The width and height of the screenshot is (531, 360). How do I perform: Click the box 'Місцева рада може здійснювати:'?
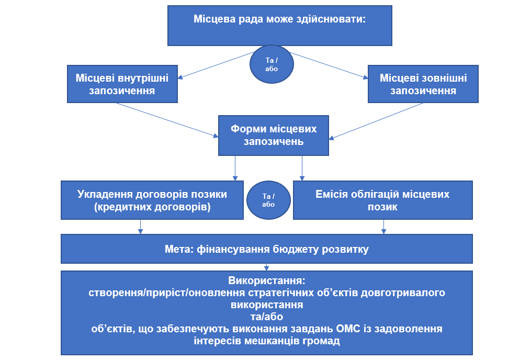[280, 26]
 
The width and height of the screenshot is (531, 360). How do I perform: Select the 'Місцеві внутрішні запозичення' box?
[122, 84]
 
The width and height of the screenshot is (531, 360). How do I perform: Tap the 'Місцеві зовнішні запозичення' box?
[423, 84]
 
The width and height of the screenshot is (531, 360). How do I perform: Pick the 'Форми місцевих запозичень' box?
[274, 135]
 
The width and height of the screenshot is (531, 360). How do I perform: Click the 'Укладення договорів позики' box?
[152, 200]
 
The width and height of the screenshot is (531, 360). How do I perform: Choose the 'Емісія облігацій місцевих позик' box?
[382, 200]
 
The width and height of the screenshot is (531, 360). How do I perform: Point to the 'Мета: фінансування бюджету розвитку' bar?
[267, 249]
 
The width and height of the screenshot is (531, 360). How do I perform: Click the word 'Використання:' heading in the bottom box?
[267, 280]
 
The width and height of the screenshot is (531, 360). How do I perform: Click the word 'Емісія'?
[333, 194]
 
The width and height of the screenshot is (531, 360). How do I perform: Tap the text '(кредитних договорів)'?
[152, 207]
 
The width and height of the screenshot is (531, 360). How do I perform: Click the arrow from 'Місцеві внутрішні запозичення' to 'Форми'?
[167, 120]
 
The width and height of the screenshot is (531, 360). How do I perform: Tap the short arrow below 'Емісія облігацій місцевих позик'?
[384, 226]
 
